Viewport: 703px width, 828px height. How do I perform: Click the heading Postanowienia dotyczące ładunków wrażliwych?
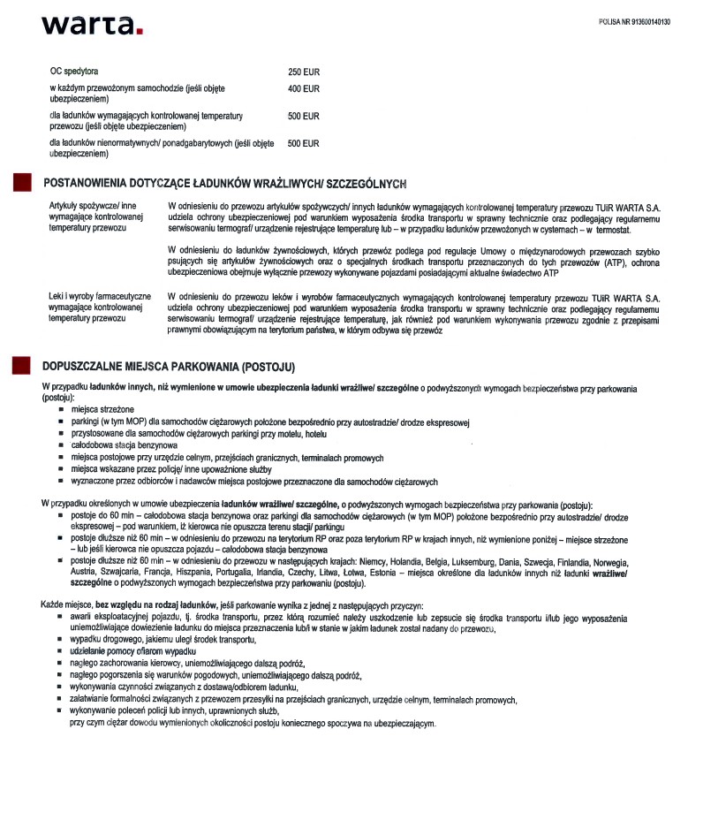pyautogui.click(x=224, y=183)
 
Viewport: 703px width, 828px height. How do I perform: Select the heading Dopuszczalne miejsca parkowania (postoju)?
pyautogui.click(x=169, y=366)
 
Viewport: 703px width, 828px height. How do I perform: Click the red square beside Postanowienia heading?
pyautogui.click(x=19, y=183)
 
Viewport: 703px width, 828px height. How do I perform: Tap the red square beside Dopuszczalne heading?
pyautogui.click(x=19, y=366)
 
